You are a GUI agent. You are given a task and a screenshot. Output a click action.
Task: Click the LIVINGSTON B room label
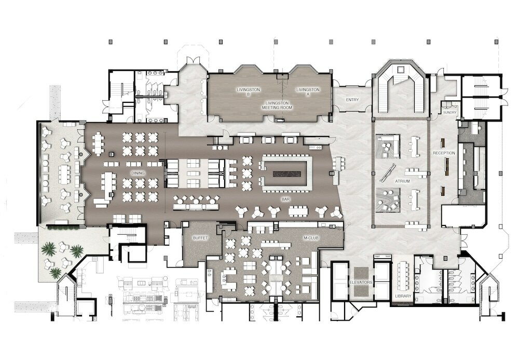coord(244,92)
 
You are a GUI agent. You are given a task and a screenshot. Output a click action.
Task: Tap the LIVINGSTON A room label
coord(308,92)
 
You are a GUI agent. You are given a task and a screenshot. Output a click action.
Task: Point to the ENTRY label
coord(352,100)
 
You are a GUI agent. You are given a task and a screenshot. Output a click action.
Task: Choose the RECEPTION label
coord(444,153)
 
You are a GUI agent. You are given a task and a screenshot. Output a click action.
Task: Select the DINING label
coord(138,173)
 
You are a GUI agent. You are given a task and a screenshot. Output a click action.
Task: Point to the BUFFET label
coord(200,237)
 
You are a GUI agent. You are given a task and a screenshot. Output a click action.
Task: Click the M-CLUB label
coord(310,238)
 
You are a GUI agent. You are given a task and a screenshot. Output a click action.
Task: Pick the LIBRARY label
coord(403,296)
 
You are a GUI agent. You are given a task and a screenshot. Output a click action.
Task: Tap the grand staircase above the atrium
coord(400,91)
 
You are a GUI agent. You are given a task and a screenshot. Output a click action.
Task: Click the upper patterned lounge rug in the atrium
coord(388,146)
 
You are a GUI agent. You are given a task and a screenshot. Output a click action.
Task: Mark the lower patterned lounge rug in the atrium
coord(388,200)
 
